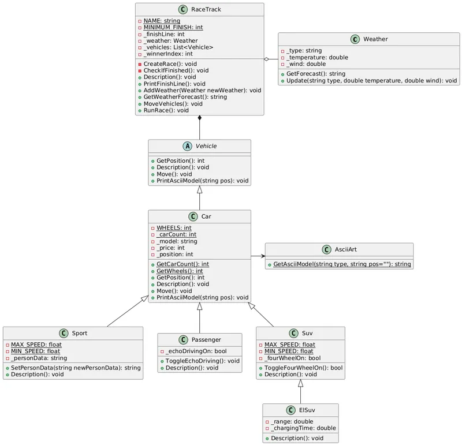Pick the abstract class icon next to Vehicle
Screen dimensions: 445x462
coord(183,146)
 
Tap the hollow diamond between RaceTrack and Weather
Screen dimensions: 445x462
coord(266,59)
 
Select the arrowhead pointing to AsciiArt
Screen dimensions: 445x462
coord(263,256)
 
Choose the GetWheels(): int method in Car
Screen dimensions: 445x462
coord(180,271)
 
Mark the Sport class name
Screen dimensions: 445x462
coord(79,333)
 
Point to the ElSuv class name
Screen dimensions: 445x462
coord(307,410)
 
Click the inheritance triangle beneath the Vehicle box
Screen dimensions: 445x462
coord(200,189)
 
